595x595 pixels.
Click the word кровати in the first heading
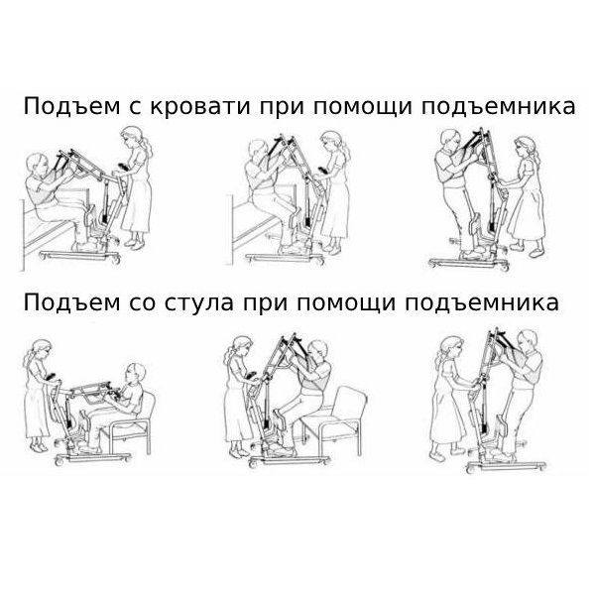(x=200, y=107)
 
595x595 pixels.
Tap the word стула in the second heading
(x=200, y=303)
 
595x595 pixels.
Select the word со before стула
(x=142, y=303)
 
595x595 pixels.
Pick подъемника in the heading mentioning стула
(x=482, y=303)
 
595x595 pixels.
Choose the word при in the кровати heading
(x=282, y=108)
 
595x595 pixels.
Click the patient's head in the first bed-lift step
(x=37, y=166)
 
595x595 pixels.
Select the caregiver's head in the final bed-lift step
(x=526, y=148)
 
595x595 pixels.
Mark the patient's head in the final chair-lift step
(x=528, y=341)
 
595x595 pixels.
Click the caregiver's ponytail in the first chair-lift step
(x=28, y=359)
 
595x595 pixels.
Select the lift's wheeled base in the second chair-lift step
(x=291, y=461)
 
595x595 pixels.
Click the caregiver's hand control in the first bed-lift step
(x=122, y=167)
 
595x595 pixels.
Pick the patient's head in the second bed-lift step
(x=257, y=151)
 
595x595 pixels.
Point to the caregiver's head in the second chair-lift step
(x=241, y=346)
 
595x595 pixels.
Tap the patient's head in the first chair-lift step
(x=136, y=374)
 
